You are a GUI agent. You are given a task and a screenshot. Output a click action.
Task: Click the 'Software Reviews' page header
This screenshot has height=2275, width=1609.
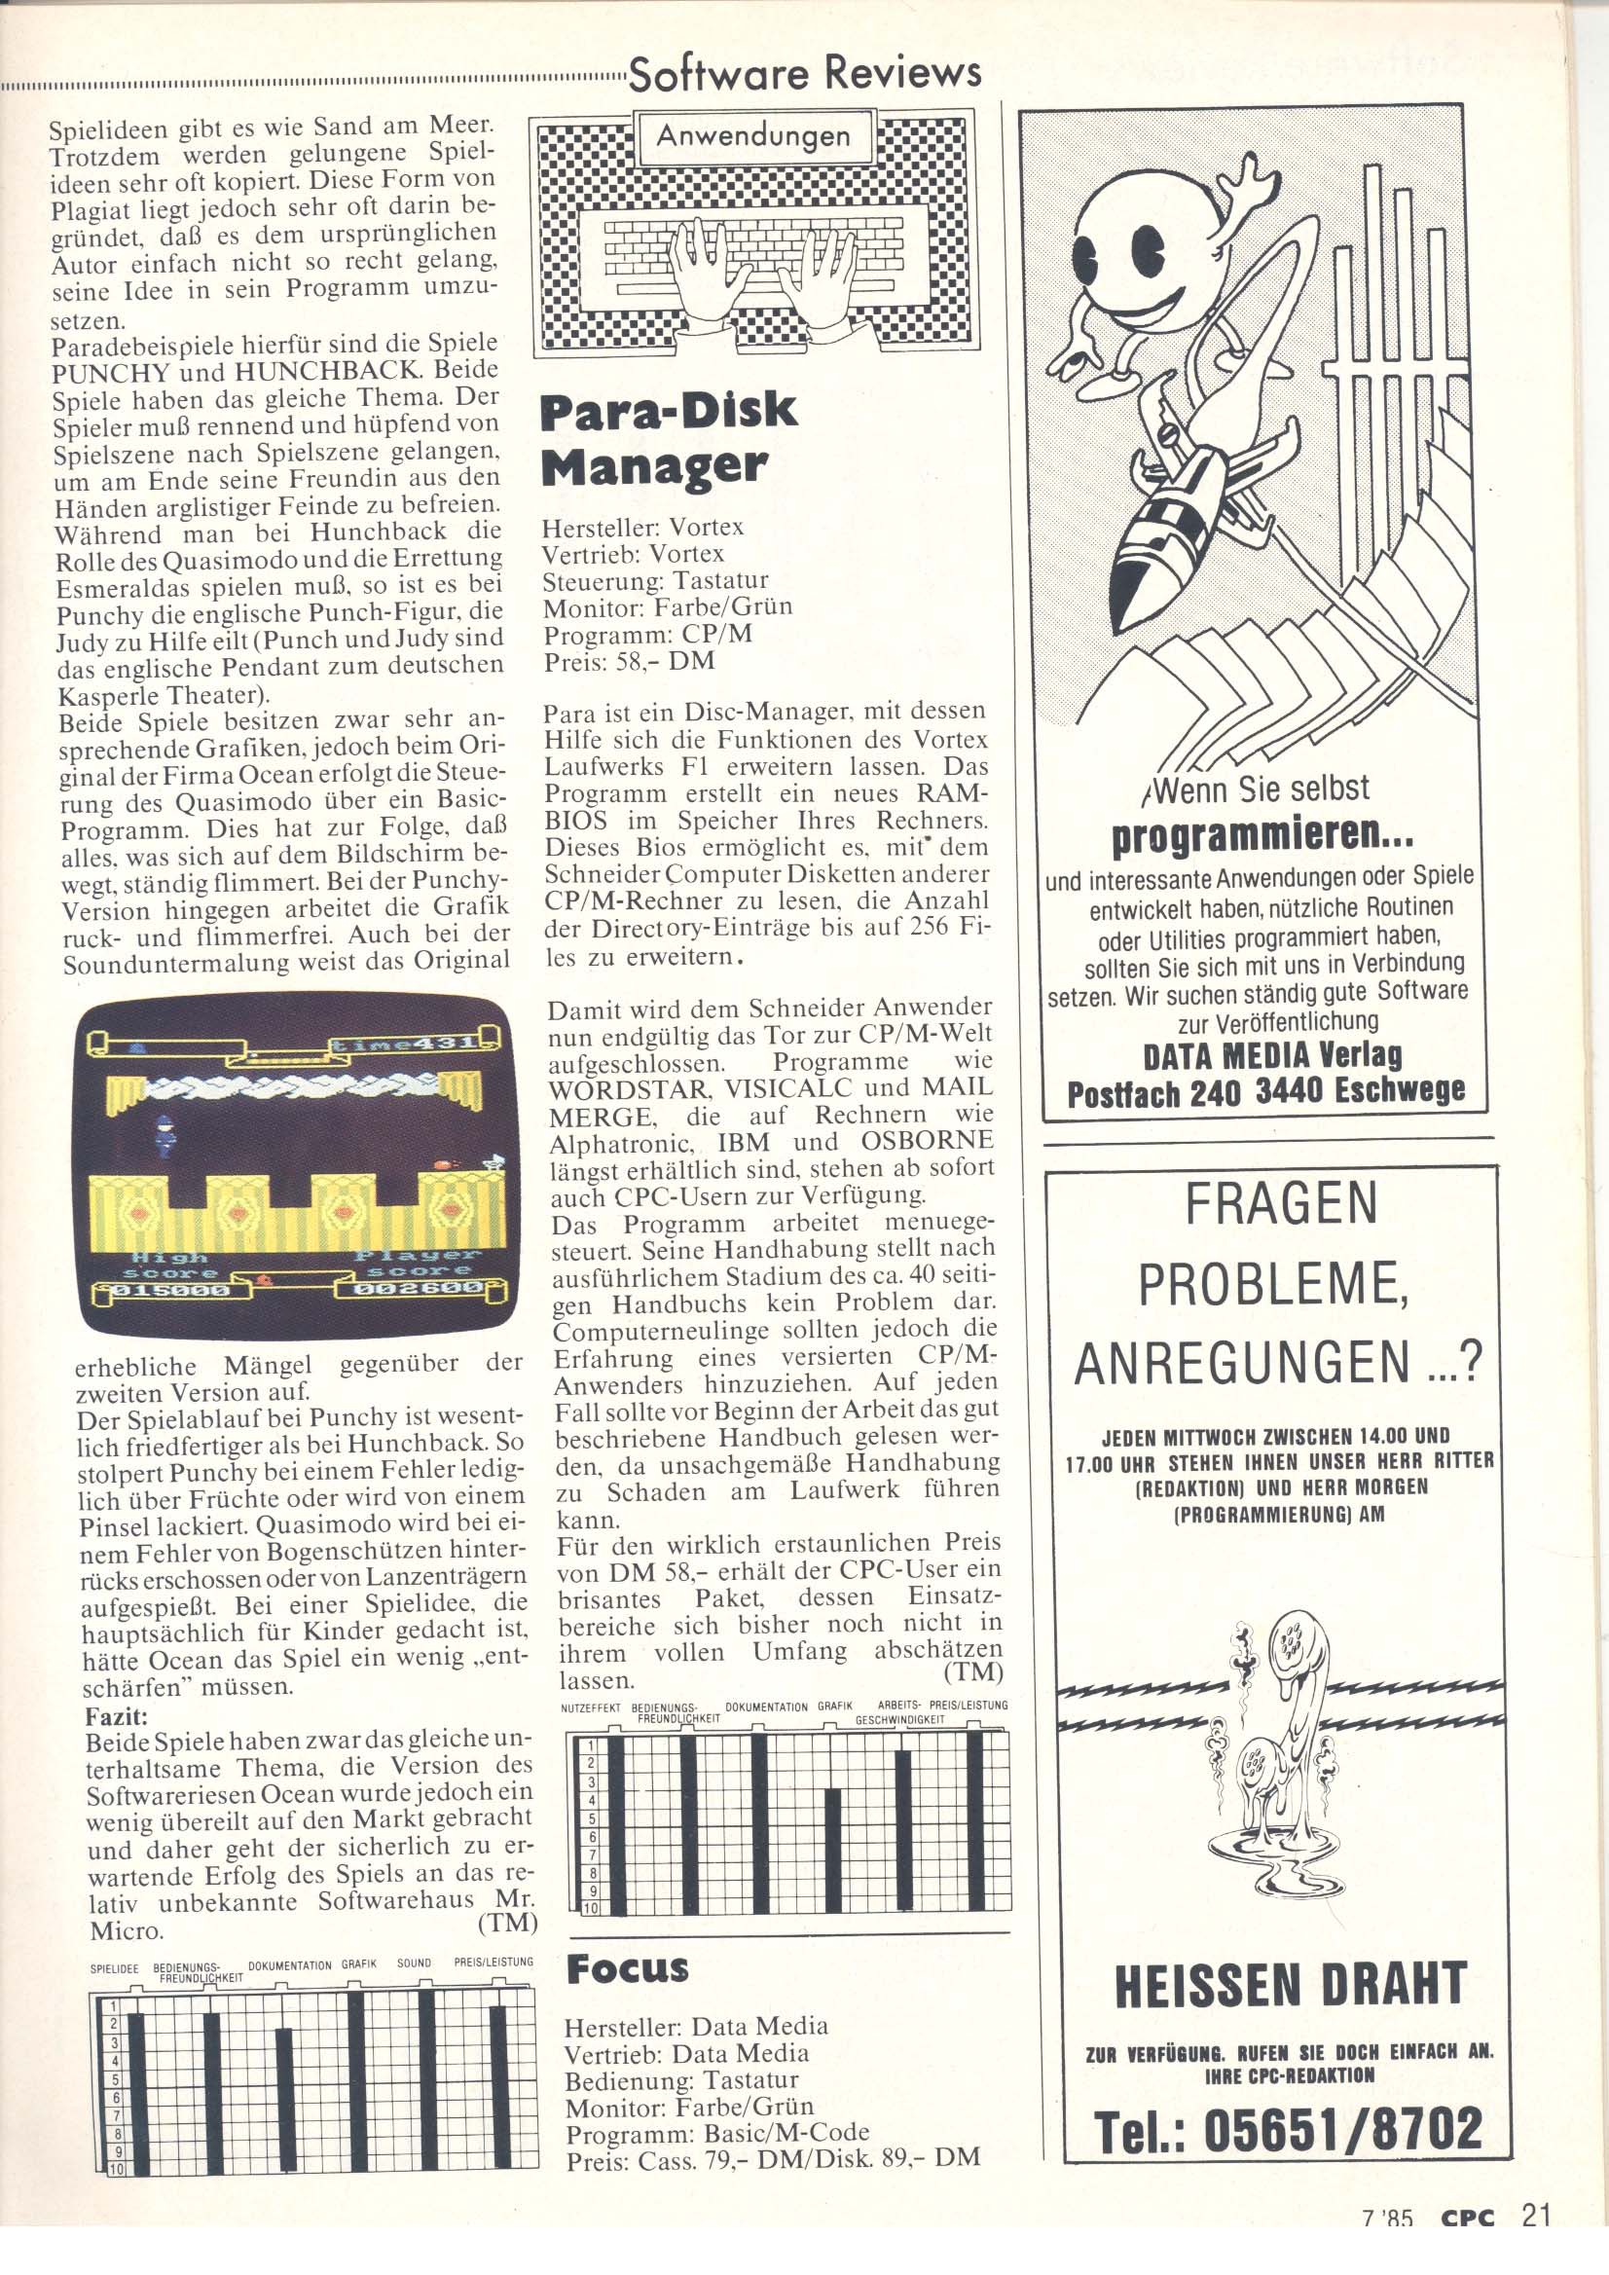tap(804, 73)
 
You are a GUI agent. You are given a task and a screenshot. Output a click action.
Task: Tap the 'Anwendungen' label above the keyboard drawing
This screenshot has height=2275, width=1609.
tap(754, 136)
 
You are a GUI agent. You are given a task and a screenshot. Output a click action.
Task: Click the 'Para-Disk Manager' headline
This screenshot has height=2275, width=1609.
tap(668, 437)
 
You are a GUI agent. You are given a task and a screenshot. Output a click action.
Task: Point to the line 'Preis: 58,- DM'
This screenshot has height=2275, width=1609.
tap(628, 661)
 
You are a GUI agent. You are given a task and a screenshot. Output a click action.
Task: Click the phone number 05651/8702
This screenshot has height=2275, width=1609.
tap(1288, 2128)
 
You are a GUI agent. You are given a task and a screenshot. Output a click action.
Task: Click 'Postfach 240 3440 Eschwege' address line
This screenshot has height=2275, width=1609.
tap(1265, 1093)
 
